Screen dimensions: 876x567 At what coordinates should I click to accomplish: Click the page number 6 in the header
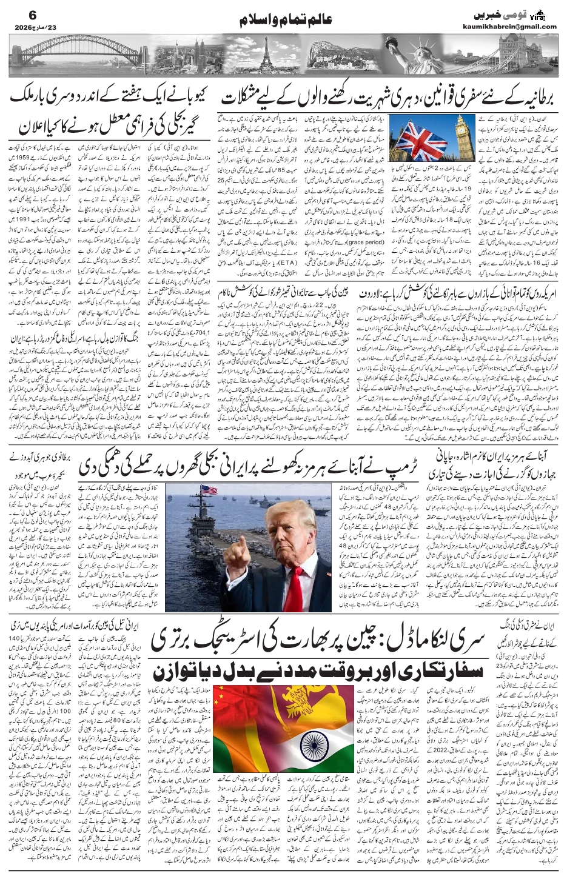tap(16, 13)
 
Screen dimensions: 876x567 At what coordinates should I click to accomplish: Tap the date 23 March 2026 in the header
tap(29, 27)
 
